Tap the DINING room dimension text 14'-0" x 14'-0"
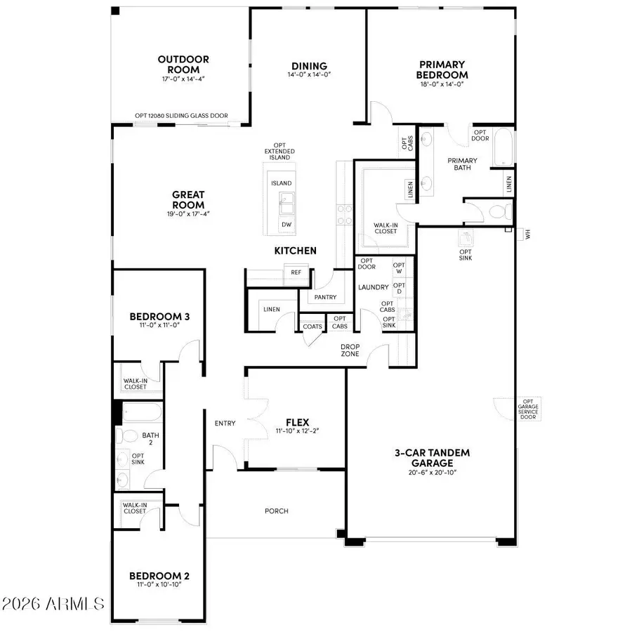(x=309, y=74)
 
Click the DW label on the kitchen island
(x=286, y=225)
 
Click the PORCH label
(x=277, y=511)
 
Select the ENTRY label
(x=225, y=423)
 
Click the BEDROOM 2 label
(x=159, y=577)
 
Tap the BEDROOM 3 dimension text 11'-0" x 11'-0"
(x=159, y=326)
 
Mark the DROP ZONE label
(x=350, y=350)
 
